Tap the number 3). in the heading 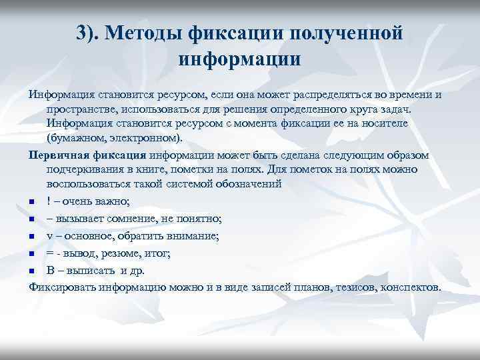point(91,32)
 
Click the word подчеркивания point(87,169)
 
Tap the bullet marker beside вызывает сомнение point(32,218)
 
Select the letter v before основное point(50,235)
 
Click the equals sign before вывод point(50,253)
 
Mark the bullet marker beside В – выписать point(32,271)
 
